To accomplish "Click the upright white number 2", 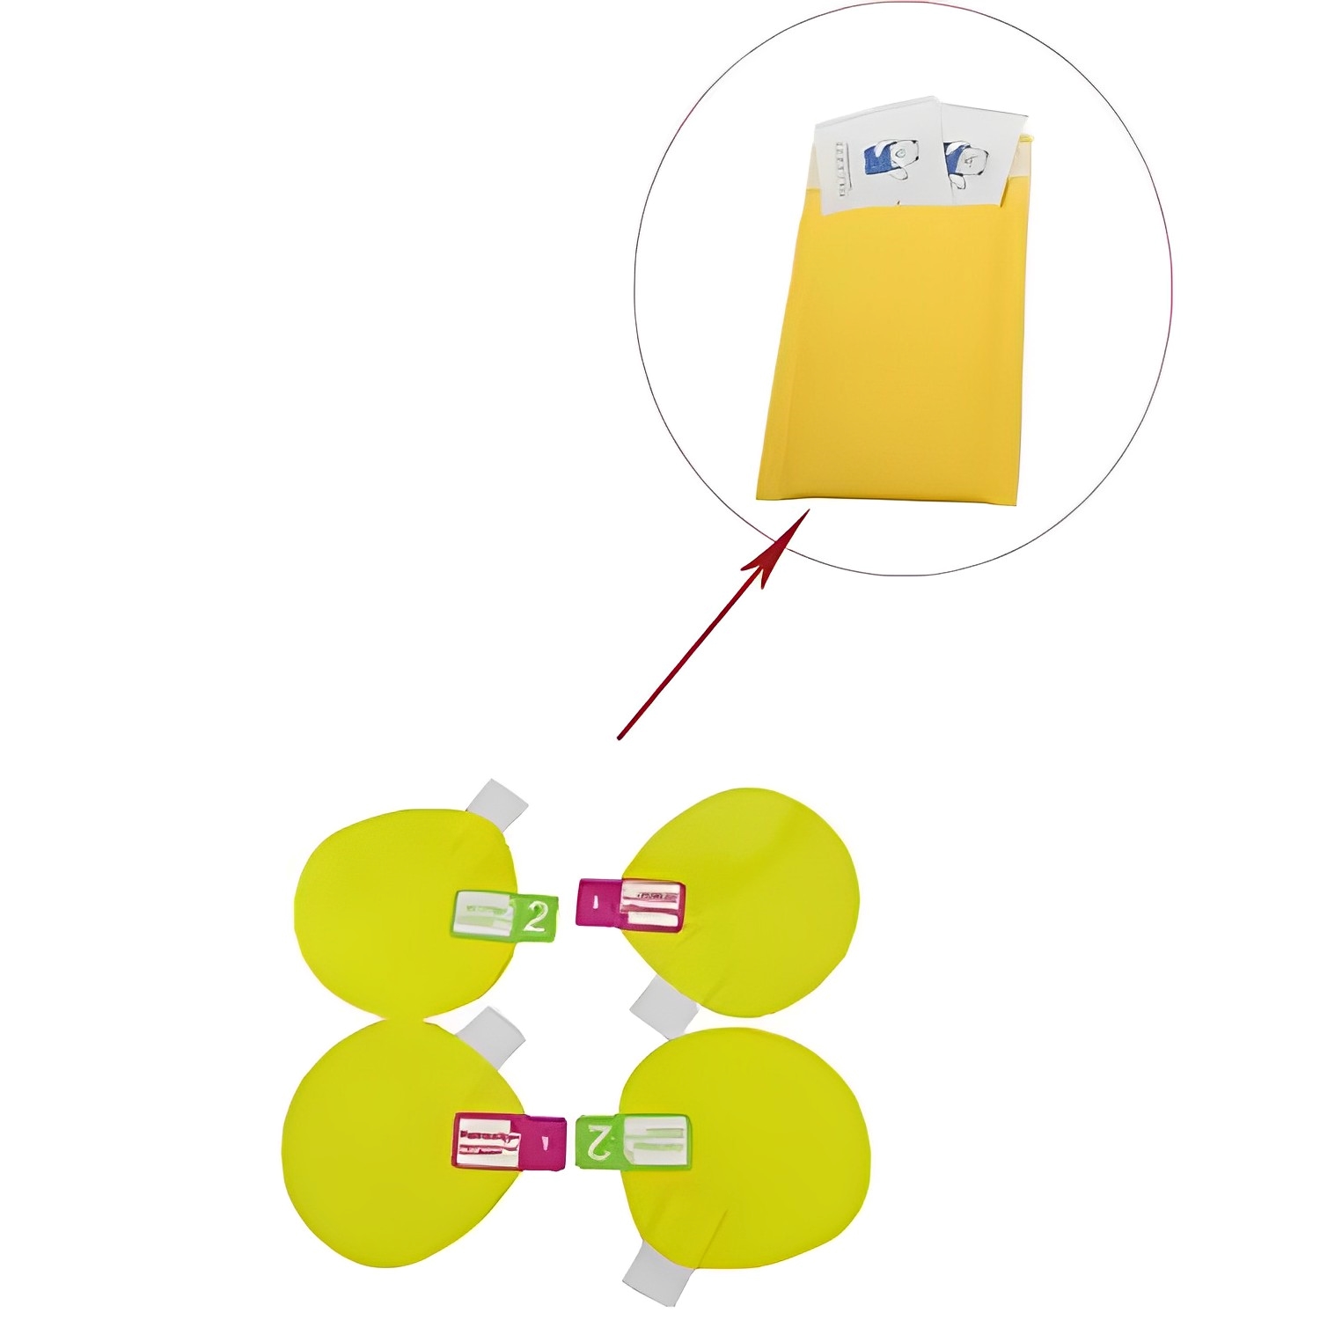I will click(536, 917).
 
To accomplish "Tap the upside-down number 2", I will click(598, 1141).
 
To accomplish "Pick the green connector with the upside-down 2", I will click(632, 1141).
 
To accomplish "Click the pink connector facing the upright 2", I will click(630, 903).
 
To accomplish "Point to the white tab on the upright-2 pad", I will click(496, 801).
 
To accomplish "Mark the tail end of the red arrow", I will click(620, 737).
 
